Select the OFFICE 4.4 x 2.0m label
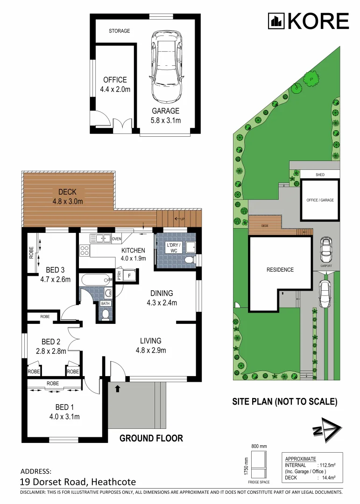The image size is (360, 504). point(115,84)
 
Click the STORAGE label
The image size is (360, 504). point(120,31)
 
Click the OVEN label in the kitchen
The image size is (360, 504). point(116,239)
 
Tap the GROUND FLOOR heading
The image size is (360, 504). point(151,438)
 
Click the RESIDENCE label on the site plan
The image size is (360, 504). point(280,270)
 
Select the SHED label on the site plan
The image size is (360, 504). point(320,175)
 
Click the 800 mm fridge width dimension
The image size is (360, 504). point(259,447)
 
